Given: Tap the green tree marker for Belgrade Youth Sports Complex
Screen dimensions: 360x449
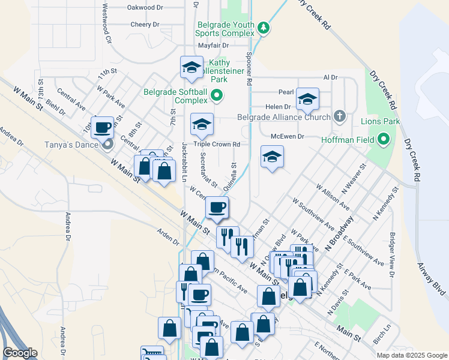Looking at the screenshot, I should click(x=263, y=28).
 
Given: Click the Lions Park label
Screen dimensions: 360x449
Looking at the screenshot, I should click(x=380, y=121).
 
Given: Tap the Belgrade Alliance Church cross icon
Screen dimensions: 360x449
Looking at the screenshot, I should click(x=340, y=116).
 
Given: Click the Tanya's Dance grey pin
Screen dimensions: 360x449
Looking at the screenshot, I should click(x=107, y=144).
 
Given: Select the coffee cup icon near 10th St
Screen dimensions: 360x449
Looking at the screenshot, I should click(x=103, y=127).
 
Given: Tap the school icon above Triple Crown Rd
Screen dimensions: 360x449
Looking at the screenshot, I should click(x=202, y=124).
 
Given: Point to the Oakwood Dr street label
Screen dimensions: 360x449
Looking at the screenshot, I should click(x=145, y=8).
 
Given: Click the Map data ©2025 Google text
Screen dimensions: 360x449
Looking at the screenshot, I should click(x=412, y=355).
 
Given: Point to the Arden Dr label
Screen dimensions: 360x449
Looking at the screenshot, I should click(x=168, y=238).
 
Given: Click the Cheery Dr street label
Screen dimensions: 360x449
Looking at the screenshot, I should click(x=145, y=25).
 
